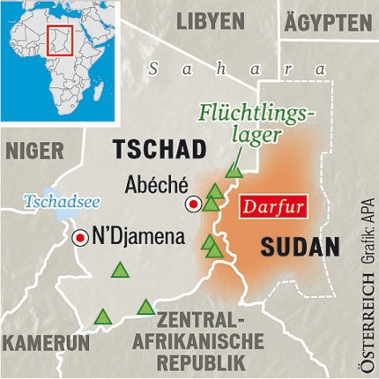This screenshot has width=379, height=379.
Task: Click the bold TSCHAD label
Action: click(158, 147)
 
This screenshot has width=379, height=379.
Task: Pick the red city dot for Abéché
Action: click(192, 204)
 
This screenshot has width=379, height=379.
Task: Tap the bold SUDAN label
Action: click(300, 247)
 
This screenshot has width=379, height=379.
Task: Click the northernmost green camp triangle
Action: click(234, 169)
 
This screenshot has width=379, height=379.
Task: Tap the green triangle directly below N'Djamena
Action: click(119, 271)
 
